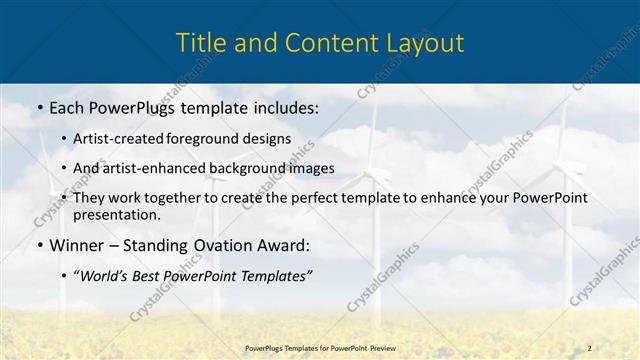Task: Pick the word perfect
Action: [x=342, y=198]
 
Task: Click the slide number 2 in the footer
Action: [x=589, y=346]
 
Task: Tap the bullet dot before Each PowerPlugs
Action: [x=38, y=106]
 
